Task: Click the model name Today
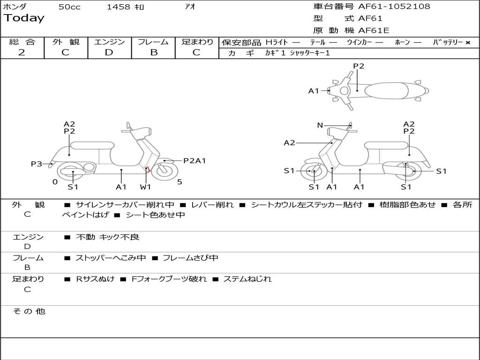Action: [x=24, y=18]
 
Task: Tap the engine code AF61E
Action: [x=374, y=30]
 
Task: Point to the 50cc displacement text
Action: [x=69, y=7]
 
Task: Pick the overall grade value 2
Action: [x=22, y=52]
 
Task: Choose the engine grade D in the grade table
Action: [x=109, y=52]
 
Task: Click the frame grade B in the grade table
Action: [x=153, y=52]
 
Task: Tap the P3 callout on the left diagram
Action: [x=37, y=164]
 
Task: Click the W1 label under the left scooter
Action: [x=145, y=187]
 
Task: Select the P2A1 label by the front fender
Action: [x=195, y=161]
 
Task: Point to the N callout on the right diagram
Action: [x=320, y=125]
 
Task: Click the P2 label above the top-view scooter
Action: [x=359, y=66]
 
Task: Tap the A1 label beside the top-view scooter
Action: [x=314, y=91]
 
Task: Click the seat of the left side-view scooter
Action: [x=92, y=145]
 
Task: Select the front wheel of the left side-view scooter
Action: [x=164, y=171]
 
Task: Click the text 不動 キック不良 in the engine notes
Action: [x=108, y=237]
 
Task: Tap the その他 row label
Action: [x=29, y=311]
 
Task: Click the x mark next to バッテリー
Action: [x=467, y=42]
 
